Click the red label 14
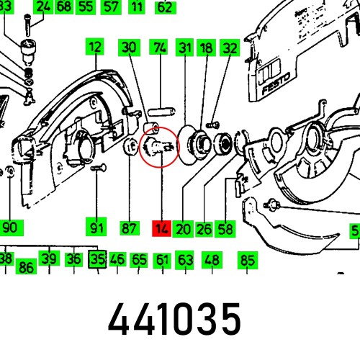tap(161, 229)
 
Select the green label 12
tap(95, 48)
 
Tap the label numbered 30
tap(129, 48)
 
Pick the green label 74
tap(160, 48)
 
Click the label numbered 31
tap(186, 48)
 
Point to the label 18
tap(207, 48)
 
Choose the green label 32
tap(229, 48)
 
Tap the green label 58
tap(226, 229)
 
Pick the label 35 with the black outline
tap(97, 259)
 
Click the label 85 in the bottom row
tap(248, 259)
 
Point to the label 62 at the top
tap(165, 8)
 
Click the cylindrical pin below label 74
tap(159, 112)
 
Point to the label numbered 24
tap(44, 8)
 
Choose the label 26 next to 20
tap(204, 229)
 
